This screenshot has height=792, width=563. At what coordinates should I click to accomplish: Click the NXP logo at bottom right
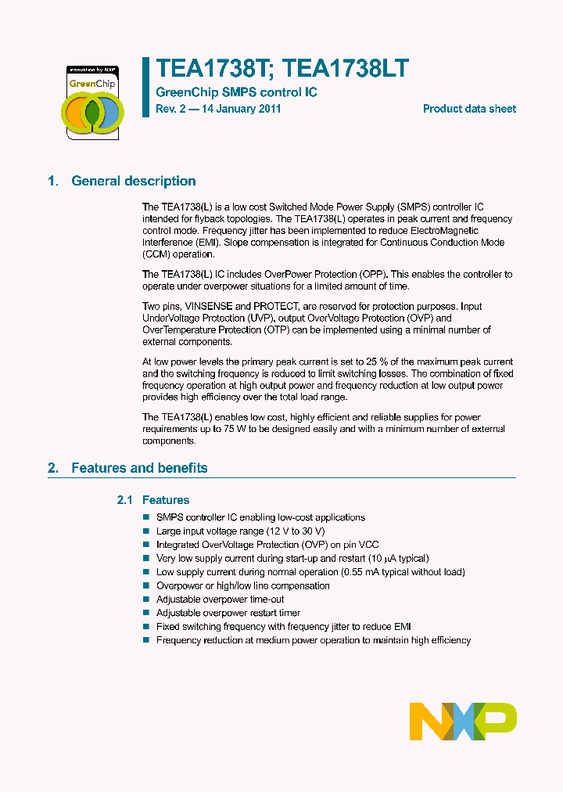tap(463, 721)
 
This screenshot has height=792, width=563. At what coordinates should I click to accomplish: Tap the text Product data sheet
tap(469, 109)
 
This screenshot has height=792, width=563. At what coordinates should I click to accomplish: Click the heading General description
tap(133, 181)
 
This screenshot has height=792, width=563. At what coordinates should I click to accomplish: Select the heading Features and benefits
tap(139, 468)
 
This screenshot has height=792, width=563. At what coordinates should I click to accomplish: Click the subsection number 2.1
tap(125, 500)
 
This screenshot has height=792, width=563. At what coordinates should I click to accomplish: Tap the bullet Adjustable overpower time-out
tap(221, 599)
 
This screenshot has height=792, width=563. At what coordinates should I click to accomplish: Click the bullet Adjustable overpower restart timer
tap(228, 613)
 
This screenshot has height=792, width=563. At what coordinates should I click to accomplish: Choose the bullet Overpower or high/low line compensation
tap(242, 585)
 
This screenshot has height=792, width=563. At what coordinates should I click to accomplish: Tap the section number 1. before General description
tap(52, 181)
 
